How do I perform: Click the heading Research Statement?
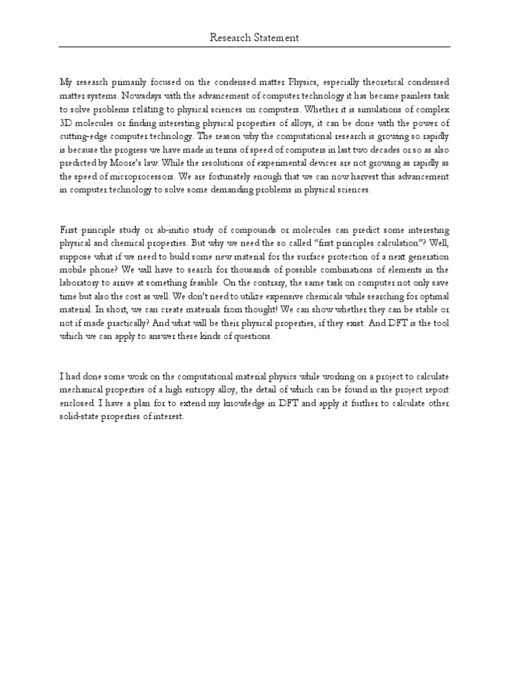(x=254, y=38)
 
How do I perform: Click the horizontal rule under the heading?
(x=254, y=47)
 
